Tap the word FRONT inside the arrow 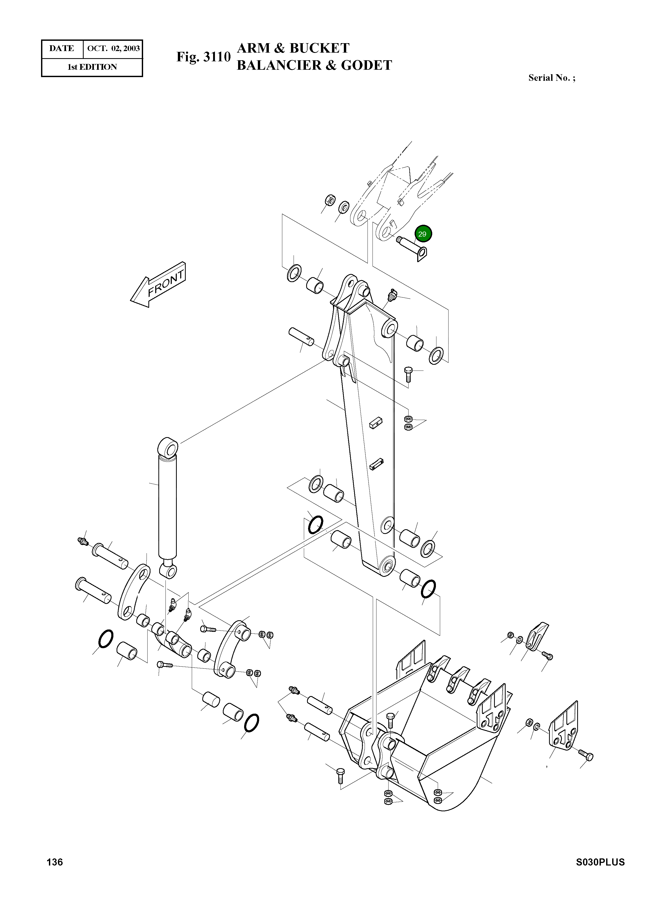[165, 283]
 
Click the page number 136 [55, 873]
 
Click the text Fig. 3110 [203, 57]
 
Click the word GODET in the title [366, 66]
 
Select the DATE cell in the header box [62, 49]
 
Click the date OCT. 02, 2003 [113, 49]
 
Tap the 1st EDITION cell [92, 67]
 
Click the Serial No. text [551, 78]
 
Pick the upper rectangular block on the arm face [375, 423]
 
